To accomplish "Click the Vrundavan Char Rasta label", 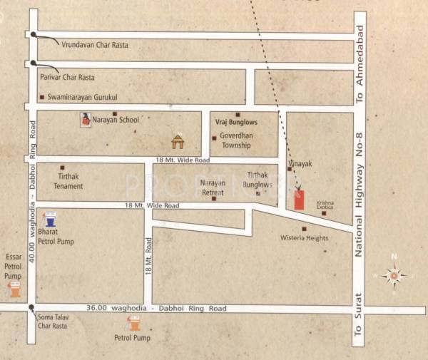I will click(94, 45).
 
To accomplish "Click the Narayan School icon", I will click(85, 120).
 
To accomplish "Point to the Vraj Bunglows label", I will click(236, 123).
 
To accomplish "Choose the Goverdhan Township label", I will click(235, 140).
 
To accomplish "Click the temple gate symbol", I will click(178, 140).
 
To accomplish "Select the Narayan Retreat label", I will click(213, 187).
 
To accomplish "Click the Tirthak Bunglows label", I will click(258, 179).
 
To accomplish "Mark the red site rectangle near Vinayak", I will click(299, 200).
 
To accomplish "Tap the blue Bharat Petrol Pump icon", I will click(50, 220).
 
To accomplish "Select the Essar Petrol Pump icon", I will click(13, 289).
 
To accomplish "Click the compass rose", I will click(393, 274).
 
